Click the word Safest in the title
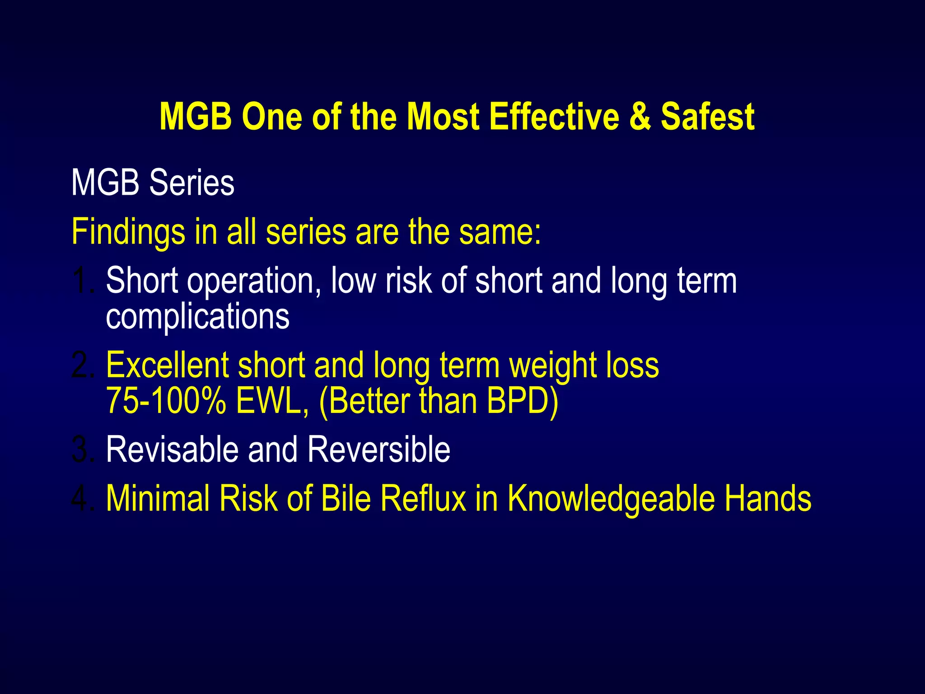708,117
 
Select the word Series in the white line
192,183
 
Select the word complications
197,316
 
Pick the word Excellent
167,365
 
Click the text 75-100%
166,401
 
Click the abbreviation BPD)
523,401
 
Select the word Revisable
172,450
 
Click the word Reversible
379,450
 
